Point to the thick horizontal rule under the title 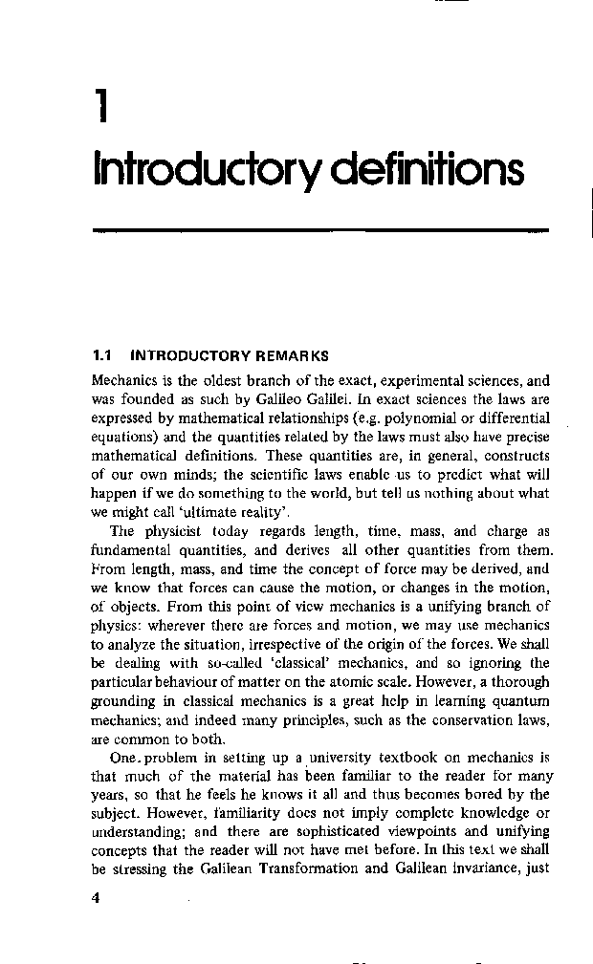pos(319,229)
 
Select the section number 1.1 pos(102,355)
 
